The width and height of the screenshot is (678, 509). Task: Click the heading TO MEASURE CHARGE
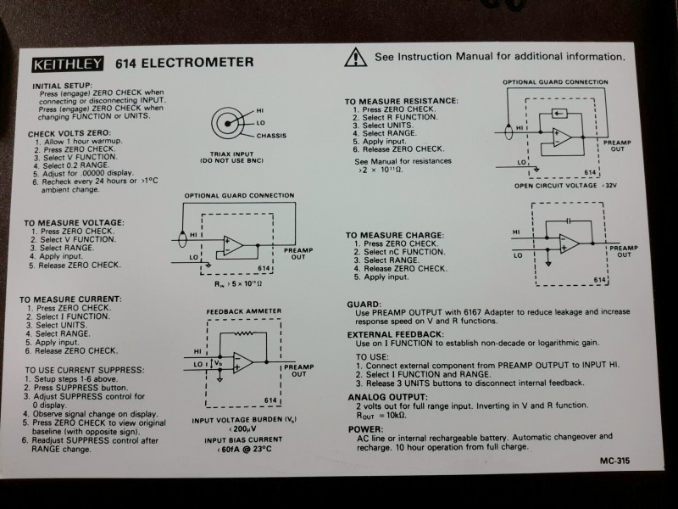point(394,234)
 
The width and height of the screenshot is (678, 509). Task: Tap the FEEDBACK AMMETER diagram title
point(244,311)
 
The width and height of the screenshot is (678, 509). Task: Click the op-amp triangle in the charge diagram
point(570,243)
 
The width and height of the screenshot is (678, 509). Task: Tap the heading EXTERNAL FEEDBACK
point(396,334)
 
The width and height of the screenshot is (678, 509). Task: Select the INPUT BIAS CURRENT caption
point(243,440)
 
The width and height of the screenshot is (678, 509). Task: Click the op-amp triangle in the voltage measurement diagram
point(233,247)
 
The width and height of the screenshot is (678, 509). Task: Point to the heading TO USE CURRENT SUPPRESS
point(84,371)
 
